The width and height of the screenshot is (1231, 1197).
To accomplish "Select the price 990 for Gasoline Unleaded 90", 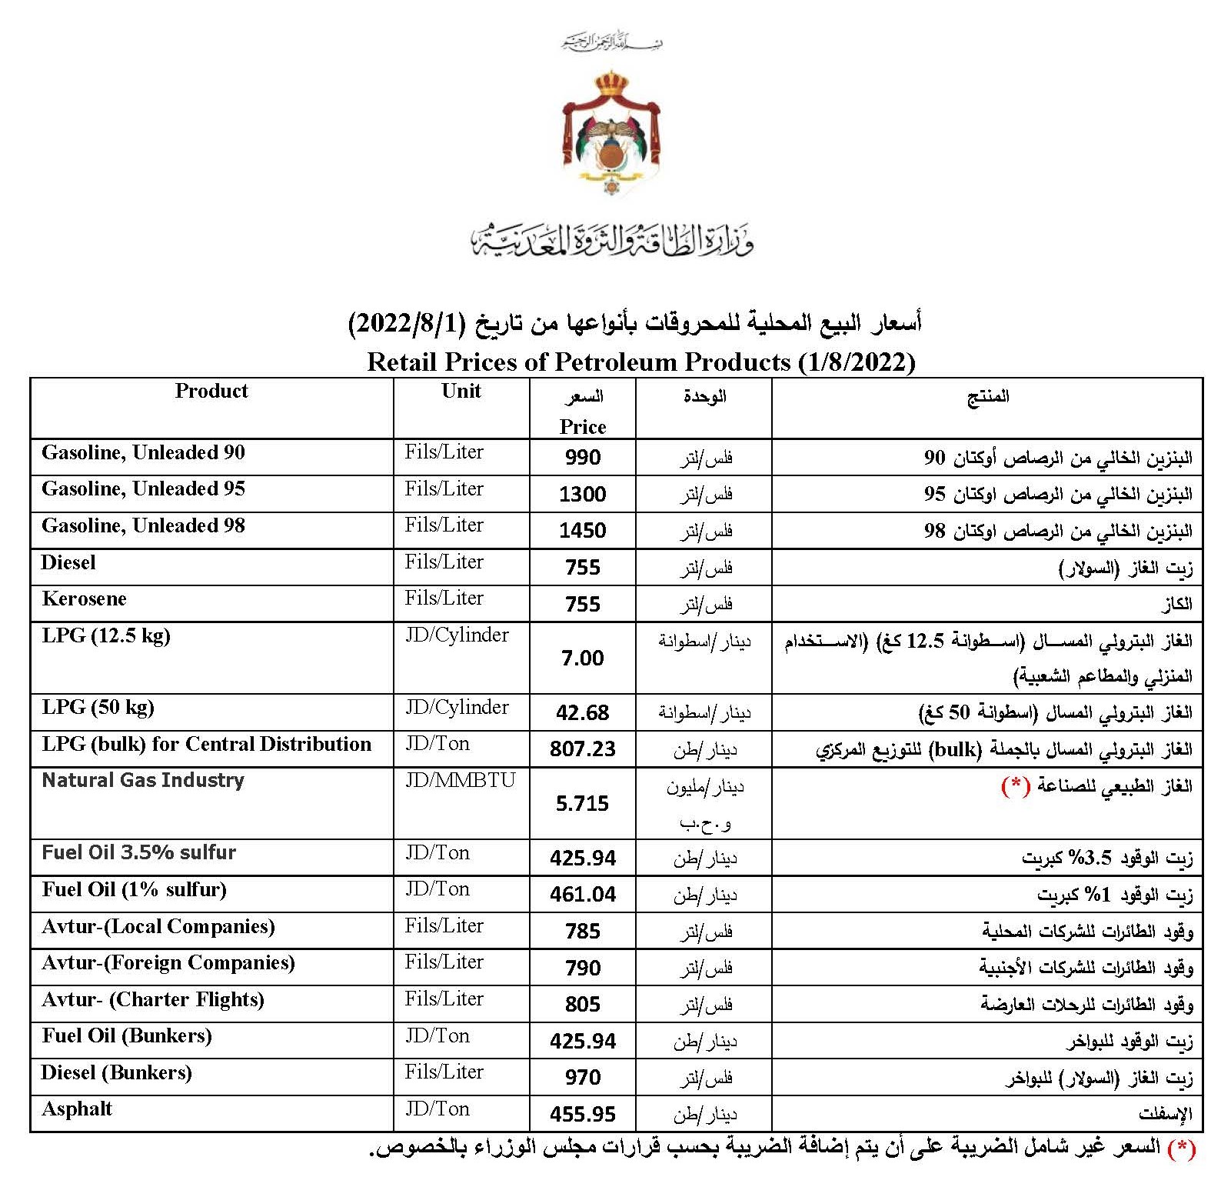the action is (x=582, y=458).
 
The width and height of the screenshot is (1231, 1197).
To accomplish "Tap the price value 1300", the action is (x=582, y=494).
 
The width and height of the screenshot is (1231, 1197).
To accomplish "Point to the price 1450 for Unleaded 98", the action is (x=582, y=531).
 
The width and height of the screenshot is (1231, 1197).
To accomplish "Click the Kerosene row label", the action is (x=85, y=598).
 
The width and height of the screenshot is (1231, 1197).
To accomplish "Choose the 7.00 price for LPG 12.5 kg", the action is (x=582, y=659).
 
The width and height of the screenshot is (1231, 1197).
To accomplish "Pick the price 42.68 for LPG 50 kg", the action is (x=582, y=713).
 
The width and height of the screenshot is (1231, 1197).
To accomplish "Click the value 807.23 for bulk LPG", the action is (x=582, y=749).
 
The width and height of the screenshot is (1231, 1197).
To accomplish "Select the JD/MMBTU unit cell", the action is (x=460, y=780).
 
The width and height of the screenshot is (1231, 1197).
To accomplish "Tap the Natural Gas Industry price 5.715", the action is (x=582, y=804).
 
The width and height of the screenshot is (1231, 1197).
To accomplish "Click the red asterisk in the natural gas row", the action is (x=1015, y=785).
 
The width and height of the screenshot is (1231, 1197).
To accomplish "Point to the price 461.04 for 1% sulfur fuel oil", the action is (x=582, y=895).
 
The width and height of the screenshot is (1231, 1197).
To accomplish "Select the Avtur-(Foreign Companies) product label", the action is (x=168, y=963).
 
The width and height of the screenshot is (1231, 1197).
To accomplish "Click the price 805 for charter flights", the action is (x=582, y=1005).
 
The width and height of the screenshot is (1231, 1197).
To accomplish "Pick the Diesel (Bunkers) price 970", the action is (x=582, y=1078).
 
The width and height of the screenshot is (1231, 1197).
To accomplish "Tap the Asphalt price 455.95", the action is (x=582, y=1114).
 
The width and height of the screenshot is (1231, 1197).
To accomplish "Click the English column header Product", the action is (x=211, y=391).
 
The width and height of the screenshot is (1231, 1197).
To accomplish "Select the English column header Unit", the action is (x=461, y=391).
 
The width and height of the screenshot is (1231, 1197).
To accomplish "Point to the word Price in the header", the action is (x=582, y=427).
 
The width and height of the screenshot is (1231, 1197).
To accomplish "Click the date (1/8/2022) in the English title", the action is (x=856, y=362).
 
